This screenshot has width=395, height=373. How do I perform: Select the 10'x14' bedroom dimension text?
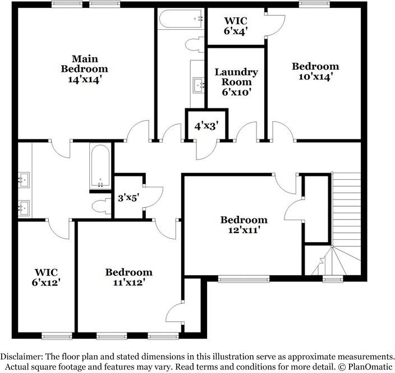coord(315,77)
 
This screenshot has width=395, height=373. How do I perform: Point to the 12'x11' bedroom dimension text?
coord(244,230)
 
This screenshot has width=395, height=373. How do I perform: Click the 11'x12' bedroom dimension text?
coord(128,283)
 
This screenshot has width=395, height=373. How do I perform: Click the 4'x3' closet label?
coord(206,127)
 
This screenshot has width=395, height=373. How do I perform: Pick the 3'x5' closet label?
coord(128,197)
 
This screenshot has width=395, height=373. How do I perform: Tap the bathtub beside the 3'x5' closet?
coord(100,167)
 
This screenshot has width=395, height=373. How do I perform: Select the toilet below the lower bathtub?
coord(101,204)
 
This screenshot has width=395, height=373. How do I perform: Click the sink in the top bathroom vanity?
coord(197,85)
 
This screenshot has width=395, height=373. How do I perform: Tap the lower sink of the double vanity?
coord(23,207)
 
